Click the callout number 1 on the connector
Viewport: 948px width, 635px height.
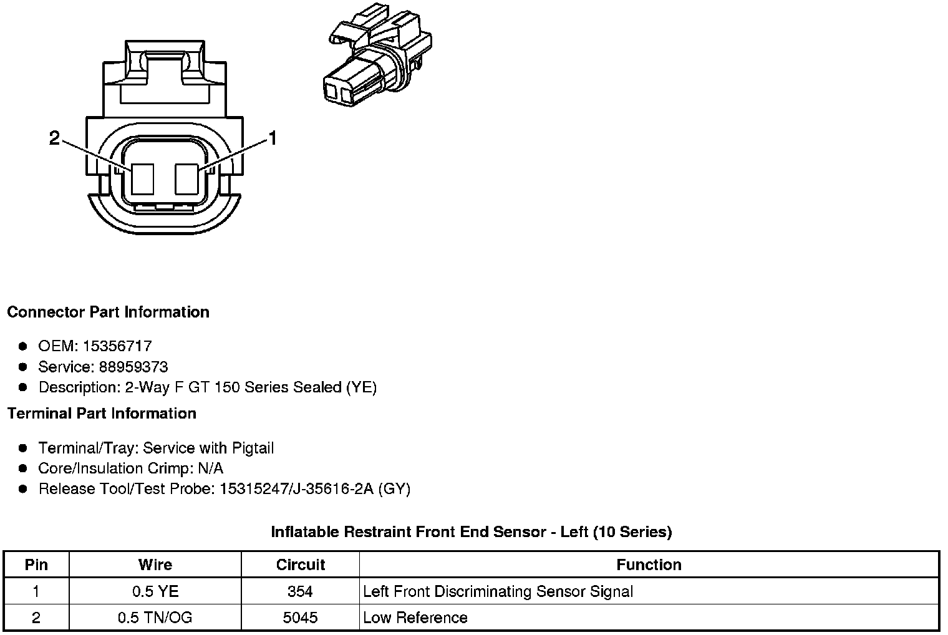coord(272,138)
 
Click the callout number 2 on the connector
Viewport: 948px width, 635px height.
coord(55,138)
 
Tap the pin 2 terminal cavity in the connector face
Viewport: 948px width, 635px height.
coord(142,178)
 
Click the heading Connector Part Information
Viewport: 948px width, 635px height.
coord(108,312)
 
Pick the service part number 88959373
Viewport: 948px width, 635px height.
coord(133,367)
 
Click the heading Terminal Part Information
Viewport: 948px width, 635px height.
coord(102,414)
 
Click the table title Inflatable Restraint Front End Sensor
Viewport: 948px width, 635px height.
coord(471,532)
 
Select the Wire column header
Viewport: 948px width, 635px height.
coord(155,565)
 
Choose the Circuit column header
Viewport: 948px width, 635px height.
coord(301,565)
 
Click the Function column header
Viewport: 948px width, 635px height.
coord(649,565)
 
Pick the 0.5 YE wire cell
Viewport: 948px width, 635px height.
coord(155,591)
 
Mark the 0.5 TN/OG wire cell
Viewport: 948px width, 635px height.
coord(155,618)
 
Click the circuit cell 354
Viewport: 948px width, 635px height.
coord(301,591)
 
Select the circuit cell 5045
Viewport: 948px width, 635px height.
coord(301,618)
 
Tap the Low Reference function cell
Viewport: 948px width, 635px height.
coord(415,618)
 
